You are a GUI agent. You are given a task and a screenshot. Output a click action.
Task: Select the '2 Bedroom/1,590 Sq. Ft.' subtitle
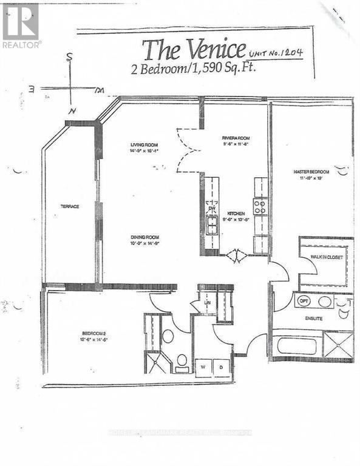[x=193, y=68]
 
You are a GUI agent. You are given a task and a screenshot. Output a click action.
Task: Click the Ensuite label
[x=314, y=318]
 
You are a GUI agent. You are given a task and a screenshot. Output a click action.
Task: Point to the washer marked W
[x=202, y=366]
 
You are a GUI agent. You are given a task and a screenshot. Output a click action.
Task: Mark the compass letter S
[x=70, y=58]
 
